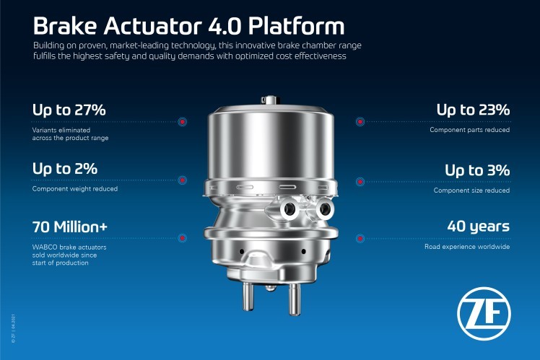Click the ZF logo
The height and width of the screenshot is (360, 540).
click(x=484, y=314)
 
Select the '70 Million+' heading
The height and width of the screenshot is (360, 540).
click(x=70, y=227)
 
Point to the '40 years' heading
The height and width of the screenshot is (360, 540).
click(x=479, y=227)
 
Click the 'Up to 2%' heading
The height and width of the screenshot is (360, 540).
click(x=65, y=169)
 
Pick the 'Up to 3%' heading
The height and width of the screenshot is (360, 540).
click(x=477, y=170)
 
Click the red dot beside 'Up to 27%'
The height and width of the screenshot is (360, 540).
click(x=183, y=122)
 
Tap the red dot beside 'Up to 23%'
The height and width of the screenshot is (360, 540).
click(x=360, y=122)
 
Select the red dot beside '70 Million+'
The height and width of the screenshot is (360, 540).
click(x=183, y=238)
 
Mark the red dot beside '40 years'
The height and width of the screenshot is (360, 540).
click(x=360, y=238)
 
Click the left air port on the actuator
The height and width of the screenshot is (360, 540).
click(x=289, y=209)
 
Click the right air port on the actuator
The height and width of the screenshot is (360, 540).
click(x=324, y=209)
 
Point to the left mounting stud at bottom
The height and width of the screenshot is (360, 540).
click(x=248, y=296)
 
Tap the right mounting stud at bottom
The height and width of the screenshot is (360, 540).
click(x=294, y=299)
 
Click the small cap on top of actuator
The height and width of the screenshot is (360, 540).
click(x=270, y=100)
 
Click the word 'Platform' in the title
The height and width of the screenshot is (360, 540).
click(x=296, y=26)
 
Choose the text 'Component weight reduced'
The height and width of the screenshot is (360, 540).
click(x=75, y=189)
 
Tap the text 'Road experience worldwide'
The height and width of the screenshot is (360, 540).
click(x=467, y=247)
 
